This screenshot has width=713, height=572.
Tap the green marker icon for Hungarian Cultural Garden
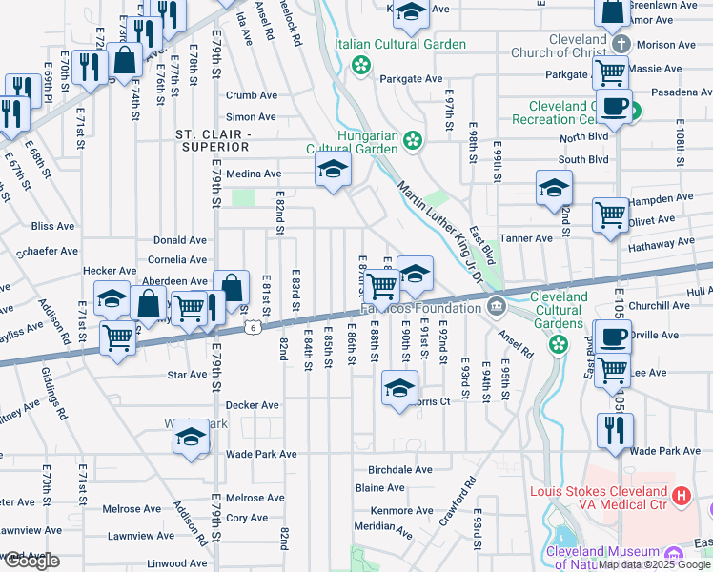(x=412, y=141)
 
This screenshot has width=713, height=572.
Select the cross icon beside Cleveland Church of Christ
(x=621, y=45)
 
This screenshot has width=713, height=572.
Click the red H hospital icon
(x=681, y=496)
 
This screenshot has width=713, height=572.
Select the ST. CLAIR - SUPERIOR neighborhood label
(x=213, y=140)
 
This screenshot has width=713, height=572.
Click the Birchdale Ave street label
(x=400, y=469)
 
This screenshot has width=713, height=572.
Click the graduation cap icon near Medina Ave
(x=332, y=170)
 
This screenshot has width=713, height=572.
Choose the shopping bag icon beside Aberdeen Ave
(x=231, y=287)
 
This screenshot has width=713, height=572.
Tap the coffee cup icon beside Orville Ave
(x=614, y=337)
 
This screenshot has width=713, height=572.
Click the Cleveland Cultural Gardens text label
(x=559, y=309)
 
